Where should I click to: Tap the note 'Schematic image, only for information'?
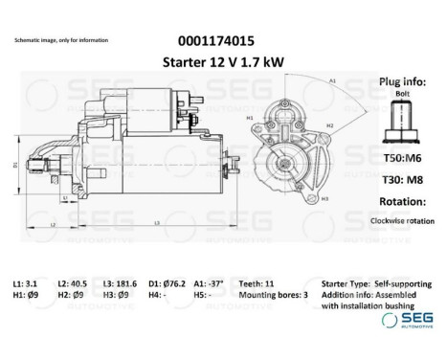coord(61,41)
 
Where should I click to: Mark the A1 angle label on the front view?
coord(332,82)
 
